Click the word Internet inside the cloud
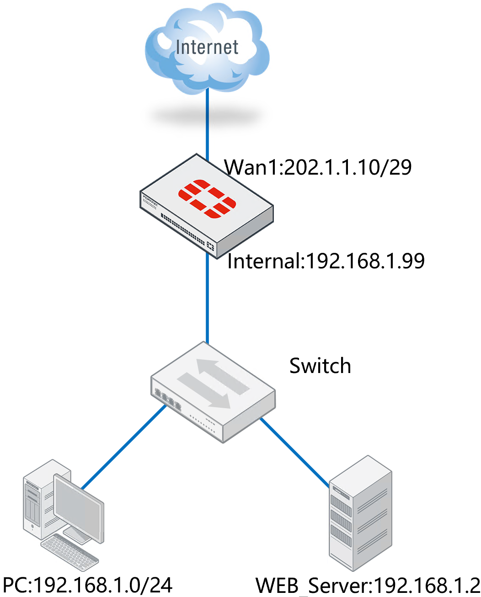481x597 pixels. [x=207, y=47]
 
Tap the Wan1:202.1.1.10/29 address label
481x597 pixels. [x=318, y=167]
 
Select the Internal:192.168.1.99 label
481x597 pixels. [x=326, y=261]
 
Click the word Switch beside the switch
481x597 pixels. [x=320, y=366]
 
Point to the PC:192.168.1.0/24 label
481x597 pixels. [x=88, y=585]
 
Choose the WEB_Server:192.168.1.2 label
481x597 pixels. [x=368, y=586]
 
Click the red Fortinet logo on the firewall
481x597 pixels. [x=207, y=199]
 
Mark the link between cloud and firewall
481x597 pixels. [x=207, y=123]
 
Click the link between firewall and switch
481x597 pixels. [x=207, y=297]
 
